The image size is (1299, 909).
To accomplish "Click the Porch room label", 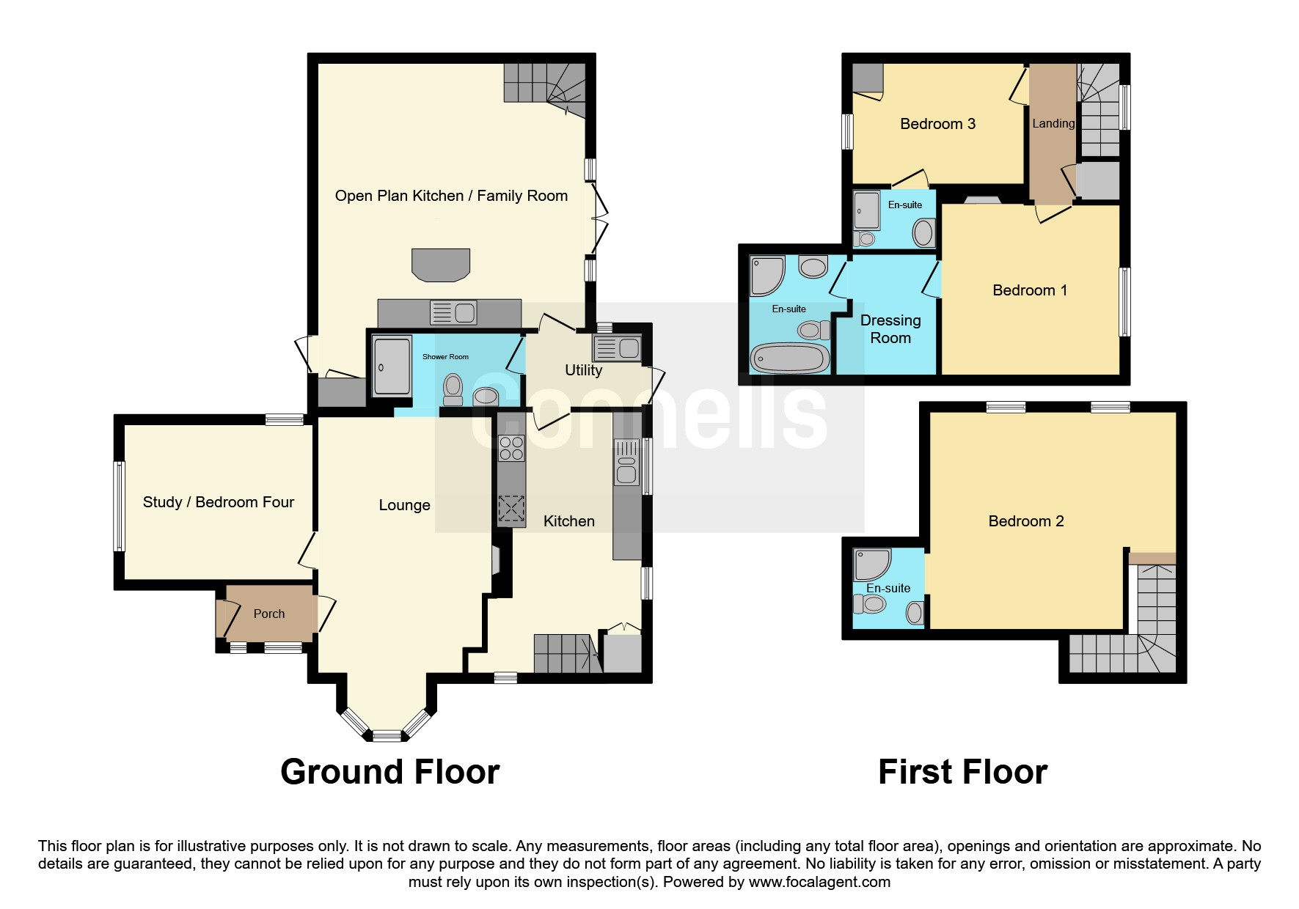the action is point(268,614).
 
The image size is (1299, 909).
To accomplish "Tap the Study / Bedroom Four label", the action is point(219,502).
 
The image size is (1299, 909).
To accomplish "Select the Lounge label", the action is point(404,505).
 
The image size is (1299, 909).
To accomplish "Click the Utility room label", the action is point(583,370).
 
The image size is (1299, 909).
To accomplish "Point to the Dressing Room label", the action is point(890,329).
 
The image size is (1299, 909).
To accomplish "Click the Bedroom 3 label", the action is point(937,124).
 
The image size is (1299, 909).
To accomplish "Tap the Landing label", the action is point(1053,124).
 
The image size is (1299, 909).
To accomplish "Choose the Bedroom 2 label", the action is point(1025,521).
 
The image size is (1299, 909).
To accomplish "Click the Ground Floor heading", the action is point(389,772).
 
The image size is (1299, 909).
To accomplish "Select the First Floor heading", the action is point(962,772).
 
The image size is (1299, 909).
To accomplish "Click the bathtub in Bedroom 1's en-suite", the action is point(789,358).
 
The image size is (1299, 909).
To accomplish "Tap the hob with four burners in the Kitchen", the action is point(511,448).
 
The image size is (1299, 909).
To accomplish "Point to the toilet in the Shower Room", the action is point(453,389).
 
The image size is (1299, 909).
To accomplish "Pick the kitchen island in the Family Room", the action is point(441,265).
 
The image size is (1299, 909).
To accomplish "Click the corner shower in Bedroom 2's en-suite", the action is point(873,565).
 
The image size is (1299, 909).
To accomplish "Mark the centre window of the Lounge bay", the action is point(387,735).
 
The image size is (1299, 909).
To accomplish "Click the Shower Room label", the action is point(445,357).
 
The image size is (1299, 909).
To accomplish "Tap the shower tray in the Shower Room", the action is point(392,366).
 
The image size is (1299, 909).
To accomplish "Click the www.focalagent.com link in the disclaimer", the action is point(819,882).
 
